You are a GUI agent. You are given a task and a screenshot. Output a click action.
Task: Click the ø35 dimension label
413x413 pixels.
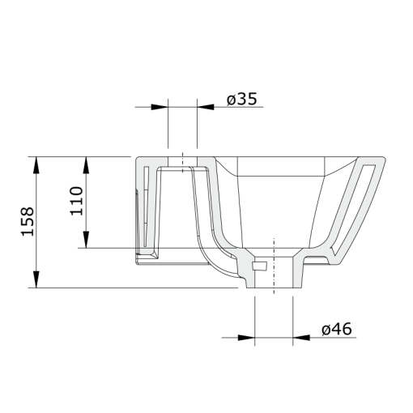click(x=241, y=100)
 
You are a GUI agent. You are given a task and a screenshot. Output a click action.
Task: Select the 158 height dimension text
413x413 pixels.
click(x=28, y=221)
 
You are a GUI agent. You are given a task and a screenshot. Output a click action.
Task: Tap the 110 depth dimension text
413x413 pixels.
click(x=77, y=200)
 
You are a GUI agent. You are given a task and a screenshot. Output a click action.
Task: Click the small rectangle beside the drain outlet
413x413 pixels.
click(x=260, y=266)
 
